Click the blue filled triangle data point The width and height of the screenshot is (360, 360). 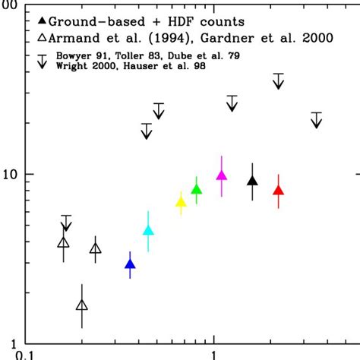coord(130,264)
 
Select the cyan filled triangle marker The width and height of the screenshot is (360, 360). coord(149,230)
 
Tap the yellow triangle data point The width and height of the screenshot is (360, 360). coord(181,201)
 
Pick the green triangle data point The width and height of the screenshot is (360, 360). coord(197,190)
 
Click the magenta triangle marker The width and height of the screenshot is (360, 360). coord(222,175)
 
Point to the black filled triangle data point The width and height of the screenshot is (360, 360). coord(253,181)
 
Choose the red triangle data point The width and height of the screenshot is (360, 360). coord(279,191)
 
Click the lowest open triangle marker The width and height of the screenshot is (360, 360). coord(82,305)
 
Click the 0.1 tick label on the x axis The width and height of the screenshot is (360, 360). coord(27,354)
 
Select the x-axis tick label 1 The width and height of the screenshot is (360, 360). coord(215,354)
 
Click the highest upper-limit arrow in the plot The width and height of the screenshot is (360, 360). coord(279,81)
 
